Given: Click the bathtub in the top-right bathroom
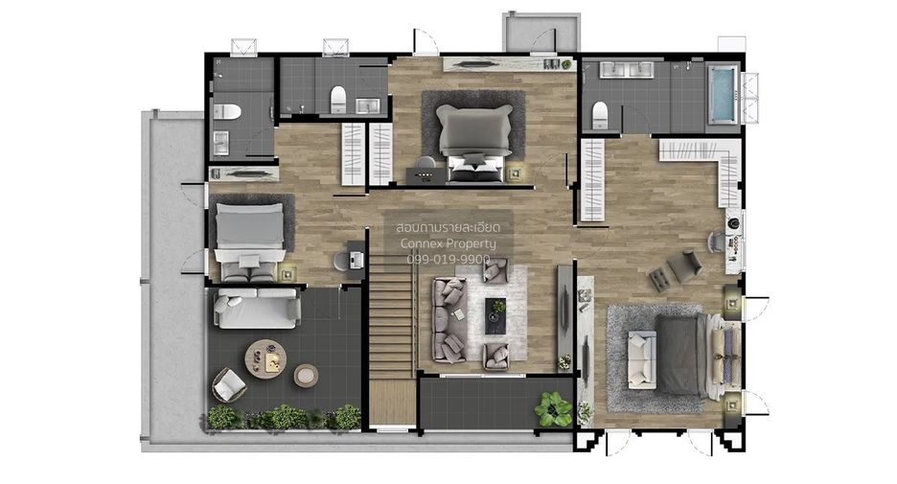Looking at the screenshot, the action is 724,94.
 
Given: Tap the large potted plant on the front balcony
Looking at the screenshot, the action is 553,408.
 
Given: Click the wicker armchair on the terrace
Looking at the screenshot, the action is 229,384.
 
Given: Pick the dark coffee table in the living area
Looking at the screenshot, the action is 495,316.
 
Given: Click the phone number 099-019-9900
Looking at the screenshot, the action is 448,259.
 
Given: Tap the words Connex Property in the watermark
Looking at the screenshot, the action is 448,243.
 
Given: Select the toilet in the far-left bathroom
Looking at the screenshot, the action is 226,111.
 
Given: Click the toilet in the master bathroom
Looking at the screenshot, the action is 599,114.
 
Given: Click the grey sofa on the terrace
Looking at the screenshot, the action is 257,308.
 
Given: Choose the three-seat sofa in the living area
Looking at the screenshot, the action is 449,320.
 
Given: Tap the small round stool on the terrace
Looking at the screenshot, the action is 306,376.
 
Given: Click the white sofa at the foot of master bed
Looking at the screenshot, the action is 641,359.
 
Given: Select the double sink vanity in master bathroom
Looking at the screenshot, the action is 625,70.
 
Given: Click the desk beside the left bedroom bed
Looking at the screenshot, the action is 356,260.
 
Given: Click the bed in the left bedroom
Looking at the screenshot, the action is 249,241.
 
